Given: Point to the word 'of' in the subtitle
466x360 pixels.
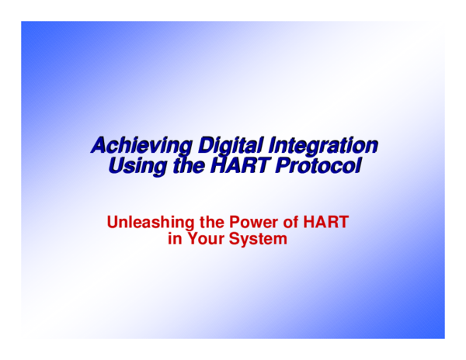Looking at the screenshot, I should [287, 223].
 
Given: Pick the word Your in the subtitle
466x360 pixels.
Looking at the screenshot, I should [204, 240].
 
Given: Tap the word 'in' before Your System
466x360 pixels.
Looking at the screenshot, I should [174, 240].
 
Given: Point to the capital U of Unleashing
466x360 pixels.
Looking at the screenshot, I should [113, 223].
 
